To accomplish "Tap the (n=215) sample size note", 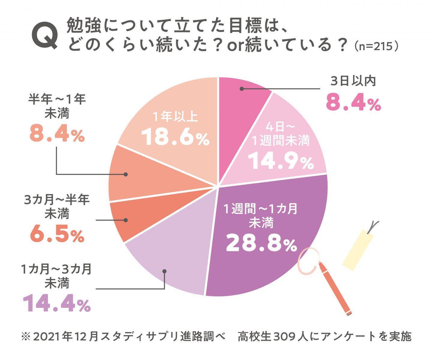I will [376, 46].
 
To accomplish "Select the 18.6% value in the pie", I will [175, 137].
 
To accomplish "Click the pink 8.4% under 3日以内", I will [353, 103].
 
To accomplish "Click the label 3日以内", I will [353, 81].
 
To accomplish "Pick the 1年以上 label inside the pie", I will [175, 117].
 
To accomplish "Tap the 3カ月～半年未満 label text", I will [57, 207].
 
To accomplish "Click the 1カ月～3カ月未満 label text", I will [57, 276].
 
